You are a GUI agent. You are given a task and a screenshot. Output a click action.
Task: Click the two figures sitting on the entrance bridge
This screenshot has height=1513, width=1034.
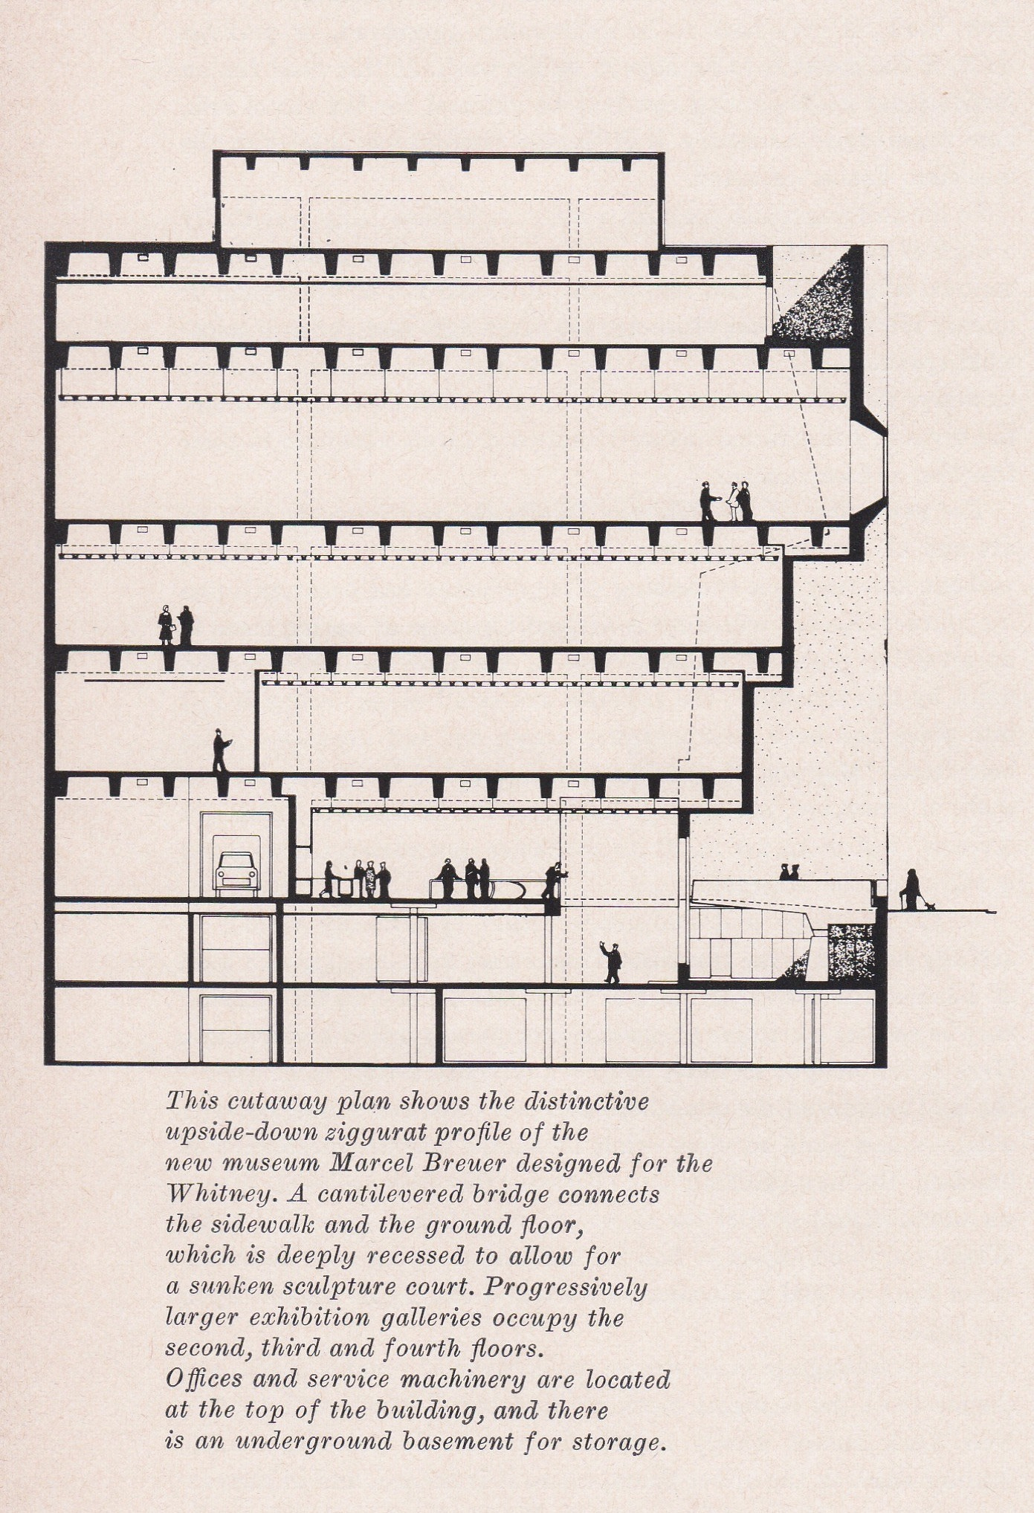(789, 872)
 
